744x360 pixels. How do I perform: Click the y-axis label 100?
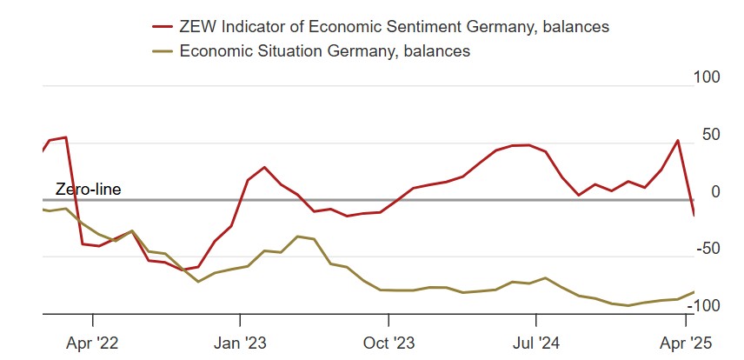coord(708,77)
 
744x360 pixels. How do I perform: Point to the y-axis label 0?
coord(716,191)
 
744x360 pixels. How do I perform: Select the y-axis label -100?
coord(707,305)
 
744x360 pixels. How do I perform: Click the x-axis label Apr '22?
coord(92,343)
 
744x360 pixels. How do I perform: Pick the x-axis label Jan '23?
coord(240,343)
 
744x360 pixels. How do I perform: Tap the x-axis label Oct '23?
coord(388,343)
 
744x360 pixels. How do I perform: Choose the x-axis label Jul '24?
coord(535,343)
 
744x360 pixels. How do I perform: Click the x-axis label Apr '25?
coord(683,343)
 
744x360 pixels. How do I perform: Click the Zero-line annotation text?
coord(88,189)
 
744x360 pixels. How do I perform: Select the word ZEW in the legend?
coord(196,27)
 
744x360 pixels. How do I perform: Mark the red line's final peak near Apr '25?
coord(678,140)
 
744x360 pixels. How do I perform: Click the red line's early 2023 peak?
coord(264,167)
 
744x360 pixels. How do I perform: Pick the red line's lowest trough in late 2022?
coord(184,270)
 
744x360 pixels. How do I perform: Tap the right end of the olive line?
coord(694,292)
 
